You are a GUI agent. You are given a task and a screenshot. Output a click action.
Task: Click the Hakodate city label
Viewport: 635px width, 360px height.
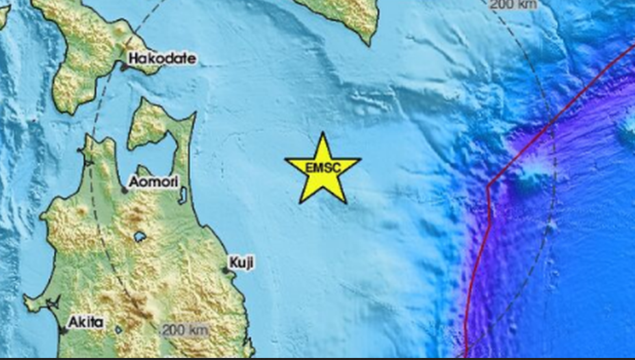161,59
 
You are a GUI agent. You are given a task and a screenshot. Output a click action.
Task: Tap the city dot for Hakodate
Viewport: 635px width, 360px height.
125,67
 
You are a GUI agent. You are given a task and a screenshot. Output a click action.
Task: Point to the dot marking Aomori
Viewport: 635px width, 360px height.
125,190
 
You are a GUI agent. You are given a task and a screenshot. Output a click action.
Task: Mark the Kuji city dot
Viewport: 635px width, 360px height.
226,270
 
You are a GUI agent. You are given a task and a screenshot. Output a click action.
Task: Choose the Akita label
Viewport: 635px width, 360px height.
86,322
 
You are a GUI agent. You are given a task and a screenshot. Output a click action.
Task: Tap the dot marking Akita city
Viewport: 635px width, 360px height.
64,331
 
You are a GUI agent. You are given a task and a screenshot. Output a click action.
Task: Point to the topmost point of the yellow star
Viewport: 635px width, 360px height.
322,133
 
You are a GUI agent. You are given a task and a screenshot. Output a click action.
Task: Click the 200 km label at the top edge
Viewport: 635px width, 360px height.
514,3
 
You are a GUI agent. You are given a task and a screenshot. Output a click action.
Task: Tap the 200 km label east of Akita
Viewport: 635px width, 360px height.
185,330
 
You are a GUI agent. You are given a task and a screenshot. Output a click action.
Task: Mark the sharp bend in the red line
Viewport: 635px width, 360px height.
489,185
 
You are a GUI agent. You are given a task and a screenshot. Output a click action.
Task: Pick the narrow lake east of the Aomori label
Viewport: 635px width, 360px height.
183,196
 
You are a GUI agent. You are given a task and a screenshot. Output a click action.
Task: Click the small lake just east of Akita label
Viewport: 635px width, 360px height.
118,329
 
